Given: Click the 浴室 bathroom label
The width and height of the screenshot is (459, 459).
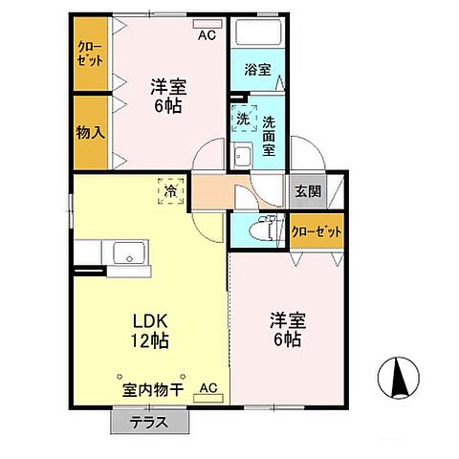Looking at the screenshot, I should click(x=256, y=70).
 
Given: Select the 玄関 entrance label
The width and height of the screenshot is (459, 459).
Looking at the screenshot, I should click(x=308, y=189).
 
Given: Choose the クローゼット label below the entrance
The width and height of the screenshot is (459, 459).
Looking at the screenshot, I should click(x=317, y=231).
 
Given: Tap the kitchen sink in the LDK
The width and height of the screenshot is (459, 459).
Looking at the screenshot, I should click(x=127, y=254).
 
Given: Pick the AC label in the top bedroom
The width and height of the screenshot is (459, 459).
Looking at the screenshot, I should click(x=207, y=36).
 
